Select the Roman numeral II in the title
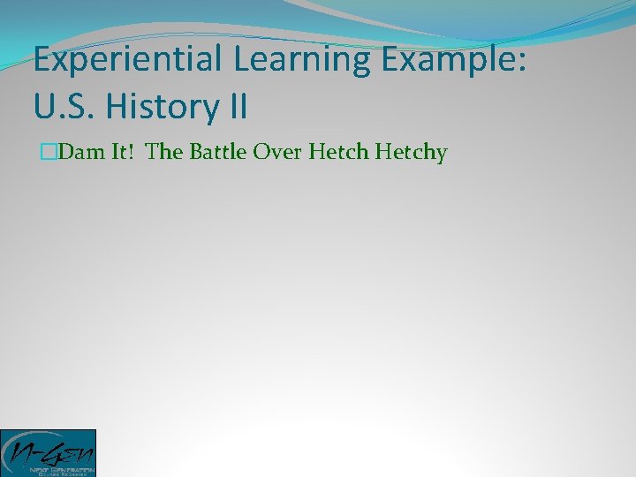[x=236, y=108]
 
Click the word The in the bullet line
[x=163, y=153]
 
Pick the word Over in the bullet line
[x=276, y=153]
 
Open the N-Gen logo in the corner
[x=48, y=452]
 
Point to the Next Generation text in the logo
[x=49, y=468]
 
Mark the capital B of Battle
[x=190, y=153]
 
